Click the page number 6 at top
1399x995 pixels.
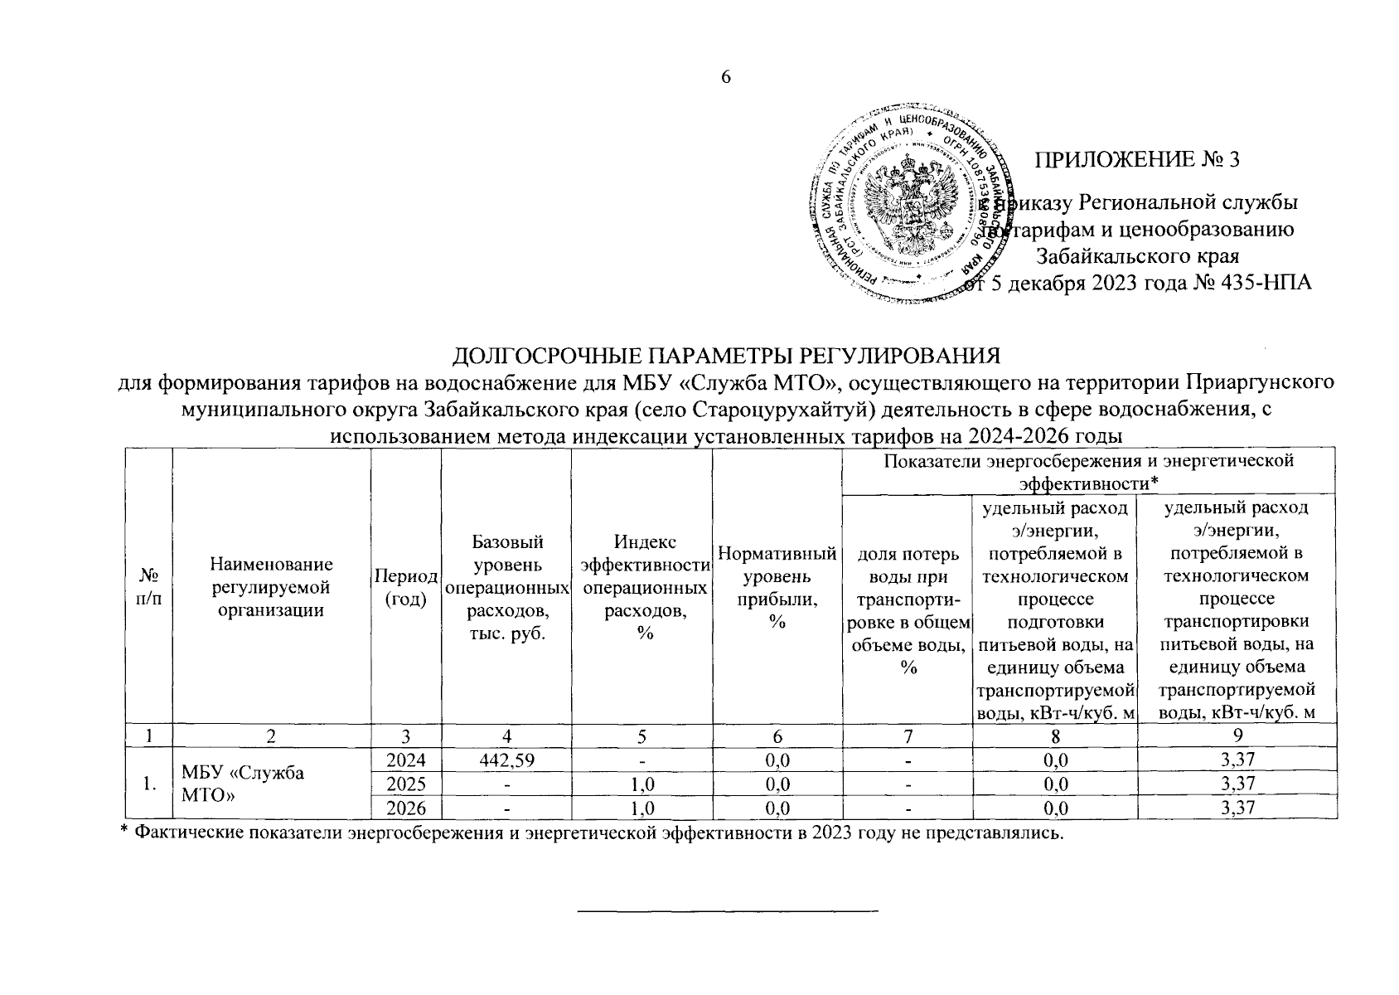[x=726, y=77]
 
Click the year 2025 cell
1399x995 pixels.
[x=406, y=784]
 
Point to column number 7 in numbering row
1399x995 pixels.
[x=908, y=735]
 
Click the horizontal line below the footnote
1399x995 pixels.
[x=726, y=911]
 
